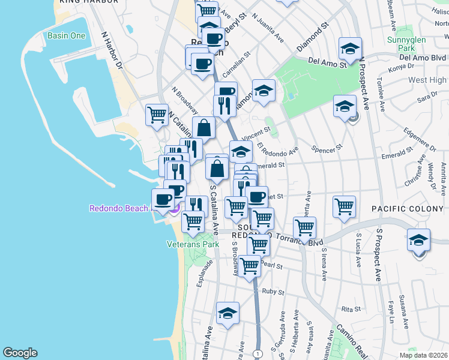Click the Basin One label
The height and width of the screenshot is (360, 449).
66,35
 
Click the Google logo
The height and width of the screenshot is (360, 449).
20,353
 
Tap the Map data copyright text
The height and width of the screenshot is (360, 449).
423,355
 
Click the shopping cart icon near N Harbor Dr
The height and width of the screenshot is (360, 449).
157,114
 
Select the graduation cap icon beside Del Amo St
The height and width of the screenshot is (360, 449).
351,49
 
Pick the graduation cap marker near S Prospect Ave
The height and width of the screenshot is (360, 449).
418,240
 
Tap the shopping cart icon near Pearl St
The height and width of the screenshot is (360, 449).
249,265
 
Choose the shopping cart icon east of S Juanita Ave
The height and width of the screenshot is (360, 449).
344,206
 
